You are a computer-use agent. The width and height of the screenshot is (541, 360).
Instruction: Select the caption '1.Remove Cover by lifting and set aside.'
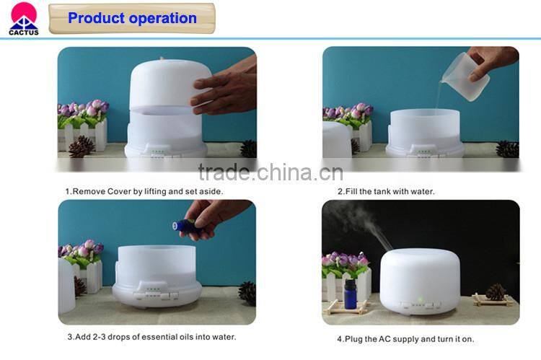[144, 192]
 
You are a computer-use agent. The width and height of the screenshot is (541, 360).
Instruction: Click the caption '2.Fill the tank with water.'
[386, 192]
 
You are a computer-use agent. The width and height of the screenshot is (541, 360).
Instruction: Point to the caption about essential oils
[151, 337]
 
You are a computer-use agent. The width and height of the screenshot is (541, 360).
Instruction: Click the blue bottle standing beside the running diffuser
[351, 294]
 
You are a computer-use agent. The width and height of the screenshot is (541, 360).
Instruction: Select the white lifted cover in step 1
[168, 83]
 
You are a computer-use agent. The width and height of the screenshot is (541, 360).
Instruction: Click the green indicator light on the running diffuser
[419, 298]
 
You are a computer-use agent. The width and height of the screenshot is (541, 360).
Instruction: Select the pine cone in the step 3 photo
[247, 292]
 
